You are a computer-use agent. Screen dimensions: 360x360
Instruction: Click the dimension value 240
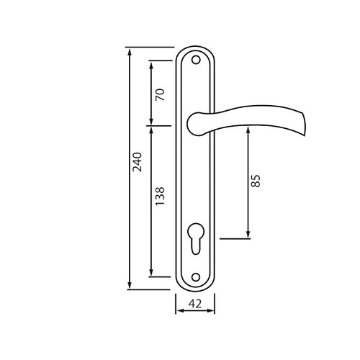click(x=138, y=162)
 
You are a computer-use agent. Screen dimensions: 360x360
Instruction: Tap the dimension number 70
click(x=160, y=94)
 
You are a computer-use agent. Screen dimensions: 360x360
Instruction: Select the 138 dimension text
click(x=160, y=196)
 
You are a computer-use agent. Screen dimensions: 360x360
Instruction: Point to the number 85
click(x=255, y=181)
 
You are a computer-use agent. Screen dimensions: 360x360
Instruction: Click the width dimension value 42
click(x=195, y=304)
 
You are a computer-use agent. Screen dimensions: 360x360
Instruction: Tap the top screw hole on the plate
click(x=196, y=60)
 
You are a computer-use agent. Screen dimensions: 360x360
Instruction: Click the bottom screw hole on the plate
click(x=196, y=277)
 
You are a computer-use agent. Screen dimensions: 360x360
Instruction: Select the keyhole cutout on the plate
click(x=196, y=238)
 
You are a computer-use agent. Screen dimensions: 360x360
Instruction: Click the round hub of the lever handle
click(x=197, y=124)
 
